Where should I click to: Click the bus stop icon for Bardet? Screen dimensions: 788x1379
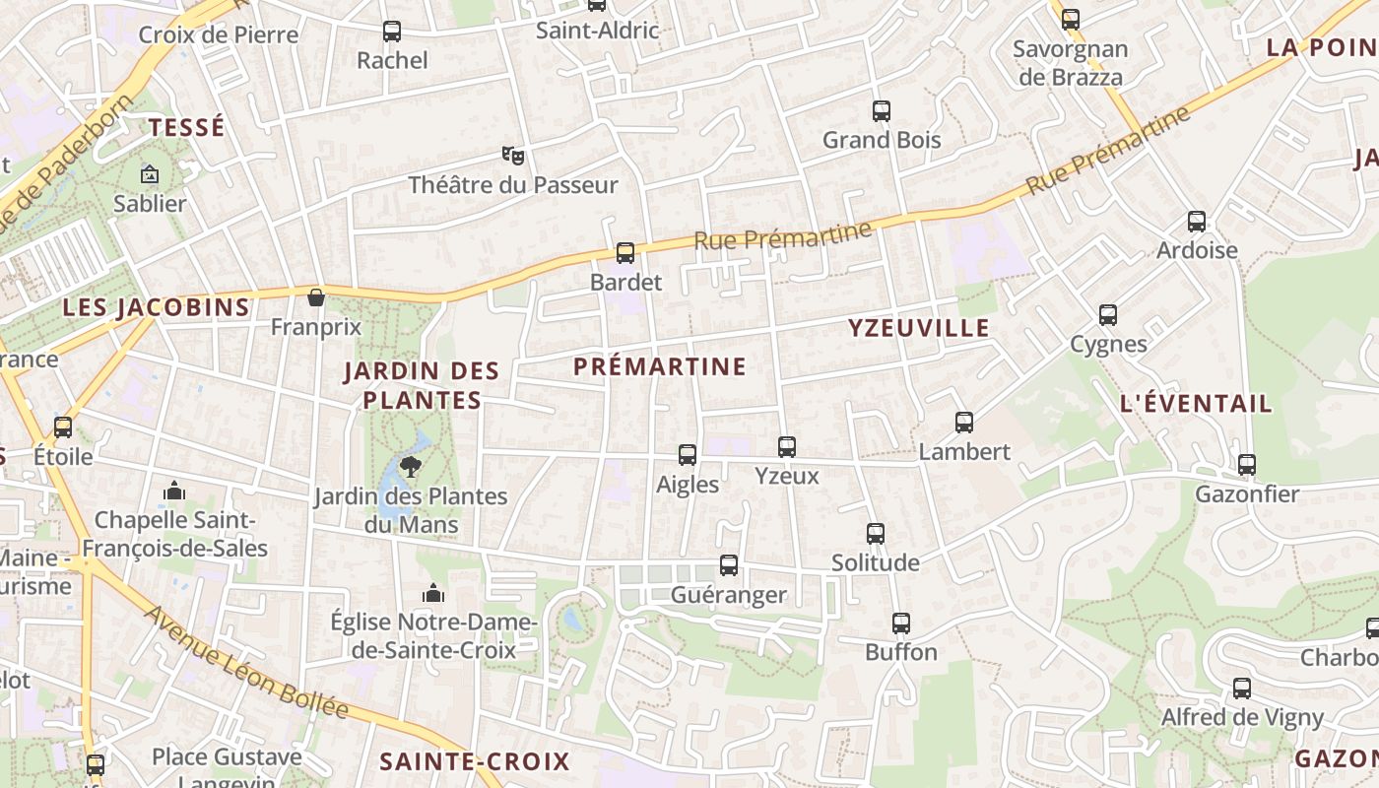click(624, 253)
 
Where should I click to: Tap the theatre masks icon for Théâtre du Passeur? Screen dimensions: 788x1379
click(512, 156)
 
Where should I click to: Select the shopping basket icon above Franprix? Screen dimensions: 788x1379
click(316, 297)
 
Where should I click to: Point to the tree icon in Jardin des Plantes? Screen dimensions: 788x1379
click(411, 466)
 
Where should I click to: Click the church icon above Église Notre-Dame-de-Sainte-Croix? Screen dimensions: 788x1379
click(432, 593)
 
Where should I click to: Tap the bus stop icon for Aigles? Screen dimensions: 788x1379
click(688, 455)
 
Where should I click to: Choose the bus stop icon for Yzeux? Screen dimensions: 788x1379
click(786, 447)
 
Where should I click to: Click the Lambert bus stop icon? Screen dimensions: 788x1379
click(964, 423)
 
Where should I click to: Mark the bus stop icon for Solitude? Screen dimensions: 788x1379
click(876, 534)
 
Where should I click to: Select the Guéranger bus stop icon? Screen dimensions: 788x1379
click(729, 565)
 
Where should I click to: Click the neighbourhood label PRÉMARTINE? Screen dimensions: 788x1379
click(660, 366)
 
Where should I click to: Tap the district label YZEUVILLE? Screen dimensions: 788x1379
click(918, 329)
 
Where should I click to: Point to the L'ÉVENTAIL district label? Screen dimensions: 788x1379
click(1196, 404)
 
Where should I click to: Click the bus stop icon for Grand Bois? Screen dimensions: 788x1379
click(882, 111)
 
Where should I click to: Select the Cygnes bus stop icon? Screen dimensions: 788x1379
click(1108, 315)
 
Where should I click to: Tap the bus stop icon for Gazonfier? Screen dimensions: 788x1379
click(1247, 465)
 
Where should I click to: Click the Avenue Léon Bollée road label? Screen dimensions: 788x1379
click(246, 662)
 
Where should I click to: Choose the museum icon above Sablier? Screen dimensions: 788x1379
click(150, 174)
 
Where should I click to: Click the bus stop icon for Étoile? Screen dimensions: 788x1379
click(63, 427)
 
